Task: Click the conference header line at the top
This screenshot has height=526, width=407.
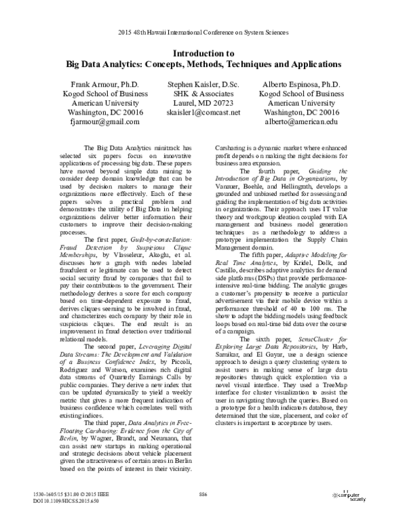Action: click(x=203, y=32)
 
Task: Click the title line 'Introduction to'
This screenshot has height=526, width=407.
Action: click(x=203, y=53)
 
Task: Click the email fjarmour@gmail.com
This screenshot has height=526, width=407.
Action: click(x=104, y=122)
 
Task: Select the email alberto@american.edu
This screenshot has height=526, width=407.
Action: click(x=302, y=122)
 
